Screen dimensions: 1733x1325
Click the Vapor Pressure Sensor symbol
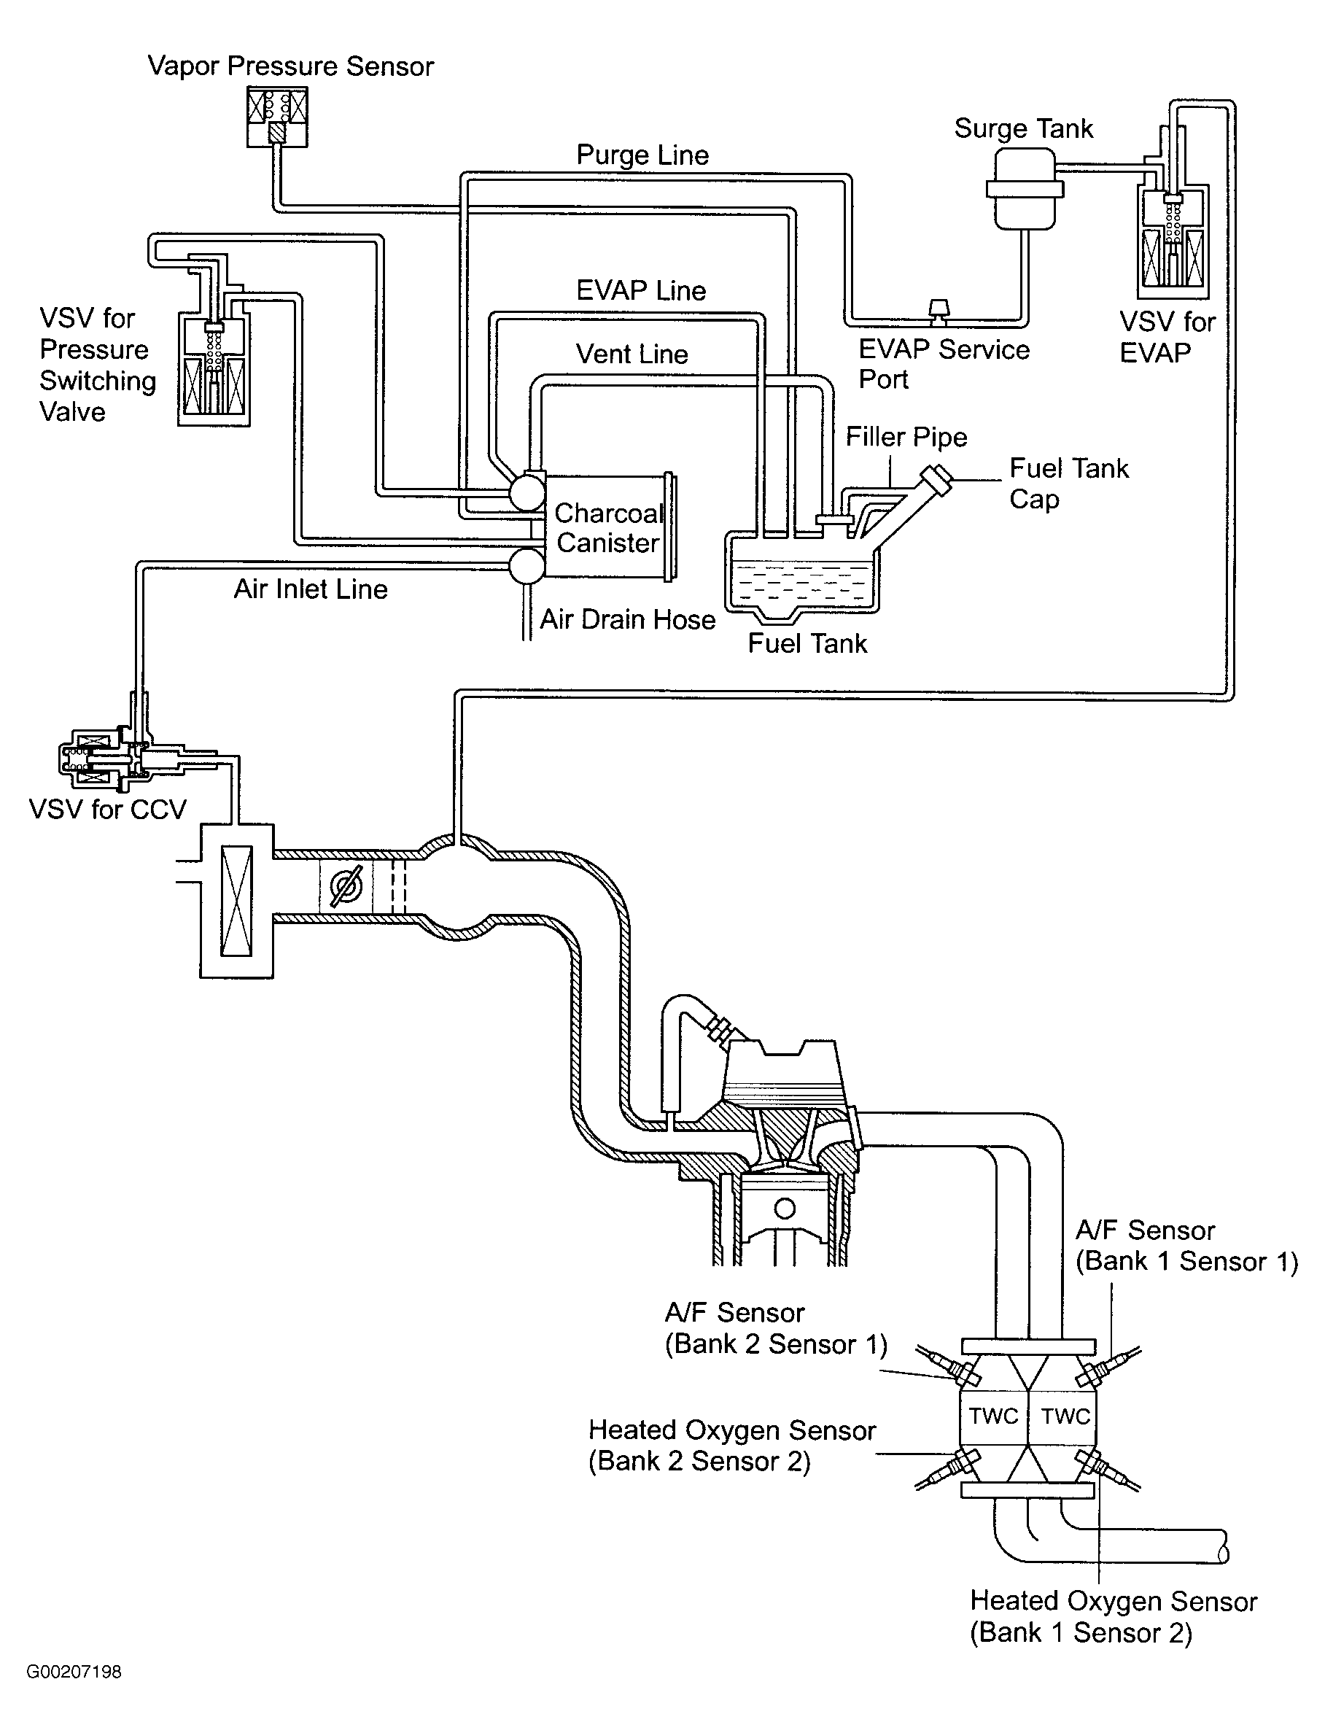click(276, 117)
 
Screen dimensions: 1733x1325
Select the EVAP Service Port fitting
click(939, 311)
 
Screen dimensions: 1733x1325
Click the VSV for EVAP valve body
click(1173, 241)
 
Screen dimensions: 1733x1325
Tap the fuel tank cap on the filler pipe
click(937, 477)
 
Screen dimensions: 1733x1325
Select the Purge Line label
click(642, 155)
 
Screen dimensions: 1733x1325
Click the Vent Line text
click(631, 354)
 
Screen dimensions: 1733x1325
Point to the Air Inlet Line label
click(310, 589)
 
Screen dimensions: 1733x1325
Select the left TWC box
click(993, 1416)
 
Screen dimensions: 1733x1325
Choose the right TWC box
click(1065, 1416)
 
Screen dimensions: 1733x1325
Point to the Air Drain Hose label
click(627, 619)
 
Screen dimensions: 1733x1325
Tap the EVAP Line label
click(640, 290)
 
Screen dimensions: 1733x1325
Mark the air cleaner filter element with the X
click(236, 901)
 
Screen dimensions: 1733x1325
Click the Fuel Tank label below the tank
click(807, 643)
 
